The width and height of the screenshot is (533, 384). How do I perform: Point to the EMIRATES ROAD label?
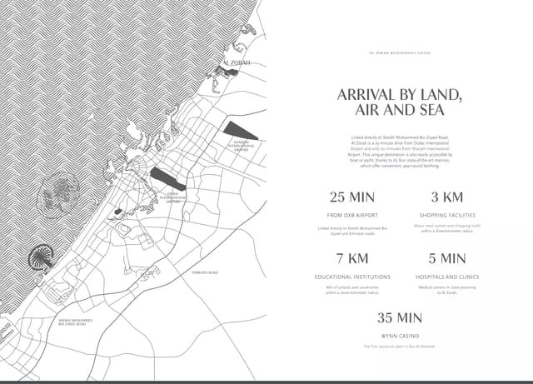(x=205, y=272)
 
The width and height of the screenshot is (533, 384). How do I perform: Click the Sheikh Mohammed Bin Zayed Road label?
(x=75, y=322)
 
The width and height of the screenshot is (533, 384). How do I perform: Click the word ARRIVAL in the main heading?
(x=367, y=94)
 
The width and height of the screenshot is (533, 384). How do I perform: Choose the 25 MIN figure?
(x=352, y=197)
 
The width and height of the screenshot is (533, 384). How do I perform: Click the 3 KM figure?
(x=446, y=197)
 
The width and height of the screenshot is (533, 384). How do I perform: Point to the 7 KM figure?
(x=352, y=258)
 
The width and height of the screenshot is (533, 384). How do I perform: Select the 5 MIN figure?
(x=446, y=258)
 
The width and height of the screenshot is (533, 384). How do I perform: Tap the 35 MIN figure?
(x=399, y=318)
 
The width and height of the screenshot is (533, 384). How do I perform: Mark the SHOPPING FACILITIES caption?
(x=446, y=215)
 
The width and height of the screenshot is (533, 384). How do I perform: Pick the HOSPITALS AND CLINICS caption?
(x=446, y=276)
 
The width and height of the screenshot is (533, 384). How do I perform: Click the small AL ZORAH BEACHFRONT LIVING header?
(x=399, y=52)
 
